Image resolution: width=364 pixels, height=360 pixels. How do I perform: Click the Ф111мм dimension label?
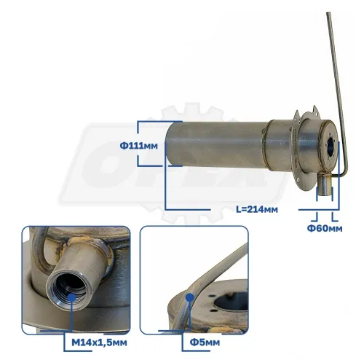click(x=138, y=146)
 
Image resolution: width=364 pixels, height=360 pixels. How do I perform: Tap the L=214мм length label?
click(x=257, y=209)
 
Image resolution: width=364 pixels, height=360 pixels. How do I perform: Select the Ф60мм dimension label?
click(x=325, y=228)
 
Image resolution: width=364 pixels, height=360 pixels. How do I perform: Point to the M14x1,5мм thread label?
click(x=99, y=343)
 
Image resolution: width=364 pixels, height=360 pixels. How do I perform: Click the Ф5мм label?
click(x=205, y=343)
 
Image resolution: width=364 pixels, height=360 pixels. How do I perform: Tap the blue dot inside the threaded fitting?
click(x=72, y=297)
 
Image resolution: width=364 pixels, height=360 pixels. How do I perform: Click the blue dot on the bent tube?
click(x=189, y=297)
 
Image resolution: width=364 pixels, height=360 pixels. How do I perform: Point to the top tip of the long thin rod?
click(x=328, y=12)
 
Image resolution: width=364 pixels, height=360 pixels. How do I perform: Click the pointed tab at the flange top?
click(x=314, y=109)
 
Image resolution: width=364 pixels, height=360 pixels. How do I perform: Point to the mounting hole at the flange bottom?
click(x=298, y=180)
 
